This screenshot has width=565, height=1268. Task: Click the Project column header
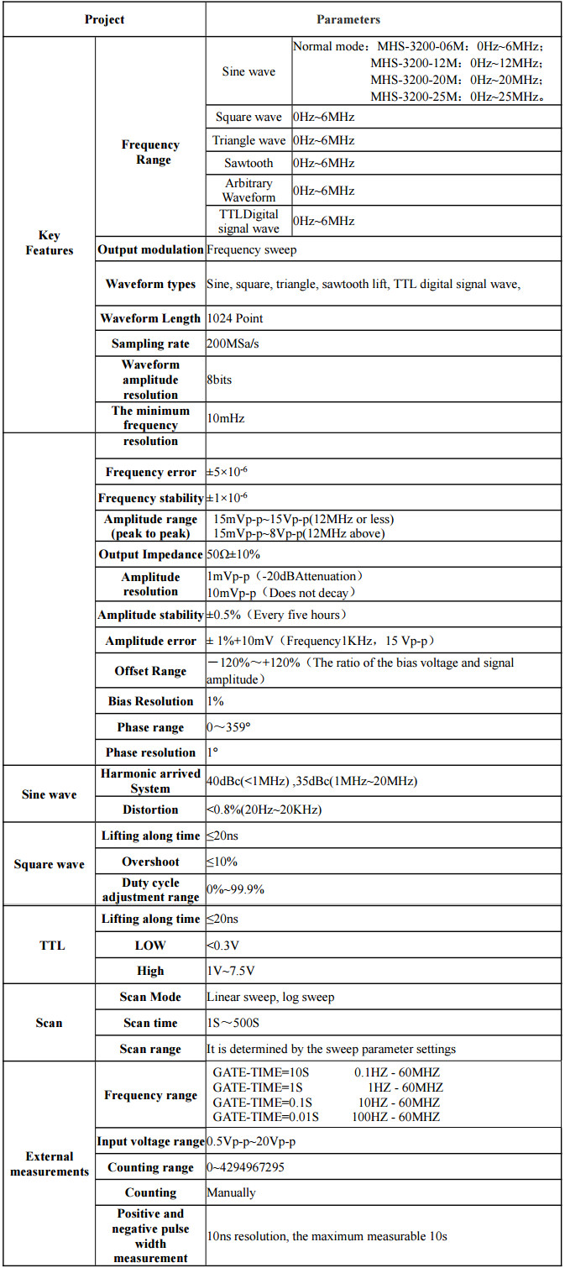[x=104, y=19]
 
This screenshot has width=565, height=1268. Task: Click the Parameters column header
[x=348, y=19]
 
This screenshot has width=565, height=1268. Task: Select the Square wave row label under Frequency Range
[x=248, y=118]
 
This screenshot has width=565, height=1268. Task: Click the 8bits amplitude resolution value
[x=220, y=380]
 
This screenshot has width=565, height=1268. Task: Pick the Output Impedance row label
[x=150, y=554]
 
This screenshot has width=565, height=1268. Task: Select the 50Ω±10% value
[x=241, y=554]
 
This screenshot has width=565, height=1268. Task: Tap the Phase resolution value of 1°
[x=213, y=752]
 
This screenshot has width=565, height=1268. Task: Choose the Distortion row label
[x=150, y=810]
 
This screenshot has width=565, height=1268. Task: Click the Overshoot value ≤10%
[x=222, y=862]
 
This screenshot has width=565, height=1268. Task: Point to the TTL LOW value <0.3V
[x=222, y=946]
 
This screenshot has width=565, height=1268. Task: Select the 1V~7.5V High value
[x=231, y=971]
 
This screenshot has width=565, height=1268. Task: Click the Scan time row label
[x=150, y=1023]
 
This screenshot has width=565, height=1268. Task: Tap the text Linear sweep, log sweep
[x=270, y=998]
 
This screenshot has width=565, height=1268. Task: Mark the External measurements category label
[x=50, y=1164]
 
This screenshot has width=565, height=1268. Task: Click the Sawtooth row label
[x=248, y=163]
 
